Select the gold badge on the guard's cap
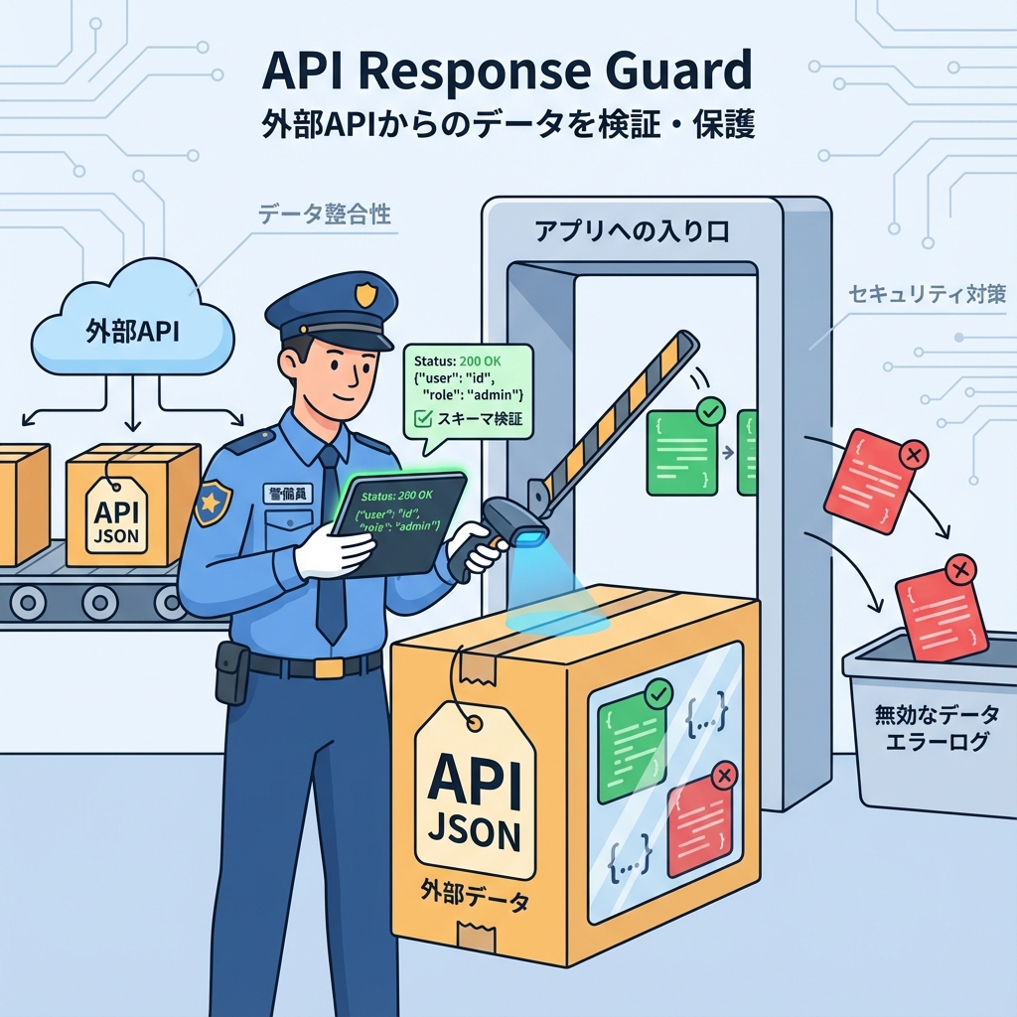(x=365, y=294)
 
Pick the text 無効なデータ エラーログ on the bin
(x=931, y=727)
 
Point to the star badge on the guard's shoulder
(x=212, y=503)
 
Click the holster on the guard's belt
(x=231, y=671)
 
